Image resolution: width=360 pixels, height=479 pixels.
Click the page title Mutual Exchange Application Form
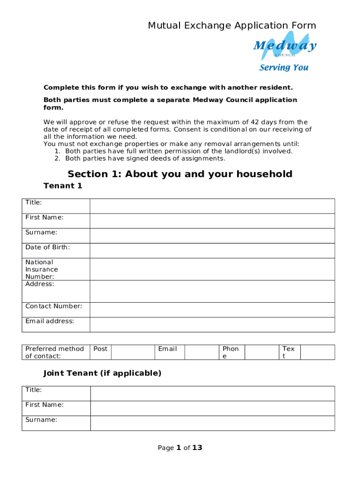point(232,25)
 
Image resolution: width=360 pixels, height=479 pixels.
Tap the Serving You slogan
point(284,67)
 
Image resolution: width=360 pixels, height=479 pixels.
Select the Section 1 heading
point(180,174)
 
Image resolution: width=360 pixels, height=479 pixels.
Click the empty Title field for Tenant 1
point(212,206)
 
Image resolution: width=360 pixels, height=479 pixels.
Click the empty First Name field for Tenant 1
point(212,221)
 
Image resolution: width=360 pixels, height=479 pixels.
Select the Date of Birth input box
point(212,251)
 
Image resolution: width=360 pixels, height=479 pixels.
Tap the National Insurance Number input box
point(212,269)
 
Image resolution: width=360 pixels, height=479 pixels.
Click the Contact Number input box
point(212,310)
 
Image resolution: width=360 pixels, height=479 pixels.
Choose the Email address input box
point(212,325)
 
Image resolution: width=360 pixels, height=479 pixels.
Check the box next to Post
point(133,352)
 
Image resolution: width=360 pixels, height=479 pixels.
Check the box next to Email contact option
point(202,352)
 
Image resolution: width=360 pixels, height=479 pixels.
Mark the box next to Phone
point(262,352)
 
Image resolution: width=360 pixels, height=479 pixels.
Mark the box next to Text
point(317,352)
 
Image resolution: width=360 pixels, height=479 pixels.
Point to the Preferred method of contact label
point(55,352)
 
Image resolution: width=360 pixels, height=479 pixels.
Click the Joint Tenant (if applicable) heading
point(102,373)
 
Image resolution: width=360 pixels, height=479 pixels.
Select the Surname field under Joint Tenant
point(212,423)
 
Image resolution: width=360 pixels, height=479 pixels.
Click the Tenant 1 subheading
point(63,186)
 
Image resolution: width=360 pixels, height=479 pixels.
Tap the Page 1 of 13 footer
point(180,448)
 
